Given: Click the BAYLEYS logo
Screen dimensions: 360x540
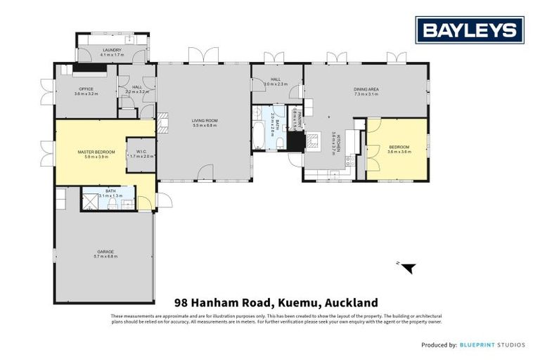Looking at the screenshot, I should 469,30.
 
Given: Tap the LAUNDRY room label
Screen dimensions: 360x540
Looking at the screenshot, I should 112,50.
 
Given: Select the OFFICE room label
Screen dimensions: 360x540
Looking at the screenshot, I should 86,89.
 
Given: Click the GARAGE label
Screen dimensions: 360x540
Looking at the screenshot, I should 105,251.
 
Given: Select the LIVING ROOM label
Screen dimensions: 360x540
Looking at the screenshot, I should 205,120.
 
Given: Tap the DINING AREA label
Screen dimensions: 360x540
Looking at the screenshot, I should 366,89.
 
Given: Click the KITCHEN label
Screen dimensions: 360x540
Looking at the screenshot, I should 338,142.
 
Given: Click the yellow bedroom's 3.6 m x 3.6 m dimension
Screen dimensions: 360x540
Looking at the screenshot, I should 399,151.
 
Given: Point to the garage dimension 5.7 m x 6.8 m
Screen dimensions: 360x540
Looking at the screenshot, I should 105,257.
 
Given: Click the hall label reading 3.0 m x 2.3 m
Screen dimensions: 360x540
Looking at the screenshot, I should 276,84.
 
